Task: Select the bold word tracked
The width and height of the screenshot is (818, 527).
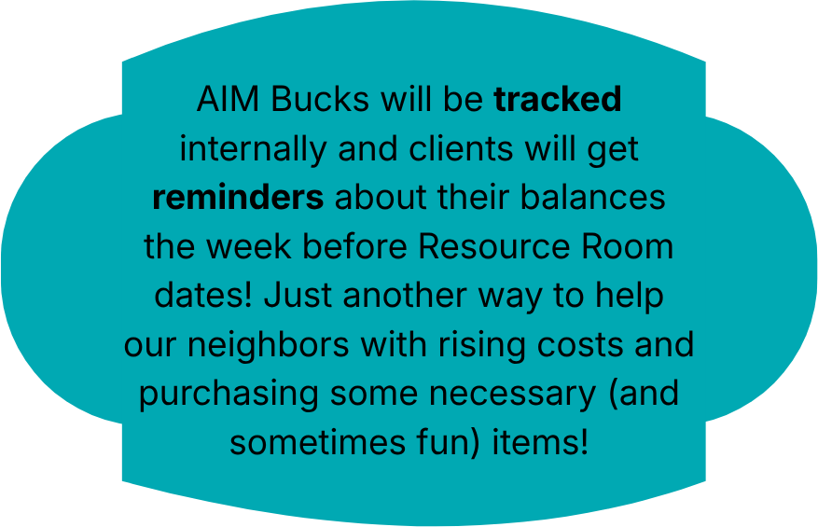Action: pos(558,99)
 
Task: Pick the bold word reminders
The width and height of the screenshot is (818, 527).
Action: pos(238,198)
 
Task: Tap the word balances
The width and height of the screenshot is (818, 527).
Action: pos(593,198)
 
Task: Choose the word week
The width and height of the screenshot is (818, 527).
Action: pos(249,246)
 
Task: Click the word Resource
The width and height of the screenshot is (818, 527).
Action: pos(494,246)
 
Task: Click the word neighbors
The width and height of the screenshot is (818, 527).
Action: pos(268,345)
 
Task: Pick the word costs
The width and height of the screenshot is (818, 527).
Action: pos(580,345)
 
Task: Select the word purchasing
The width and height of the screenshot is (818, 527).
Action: pos(229,395)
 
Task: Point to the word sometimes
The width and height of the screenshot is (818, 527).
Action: pos(317,442)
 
